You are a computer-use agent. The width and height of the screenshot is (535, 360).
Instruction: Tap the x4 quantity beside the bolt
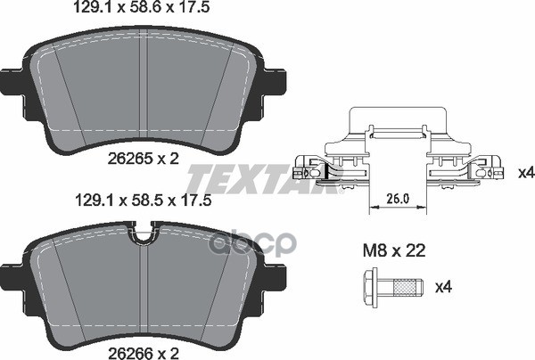tap(443, 288)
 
